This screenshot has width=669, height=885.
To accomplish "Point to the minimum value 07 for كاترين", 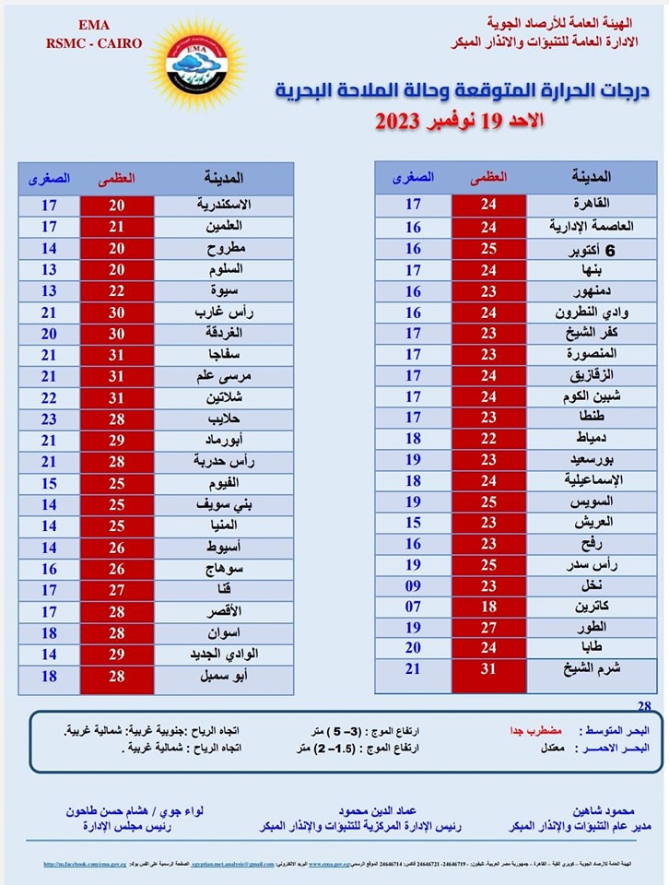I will tap(413, 607).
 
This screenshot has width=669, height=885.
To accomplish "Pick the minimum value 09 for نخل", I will tap(413, 586).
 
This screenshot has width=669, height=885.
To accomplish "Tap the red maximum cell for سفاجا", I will tap(117, 355).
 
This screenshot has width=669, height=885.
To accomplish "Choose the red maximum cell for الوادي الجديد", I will tap(117, 654).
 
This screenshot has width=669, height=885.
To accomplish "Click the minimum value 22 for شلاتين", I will tap(49, 396).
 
